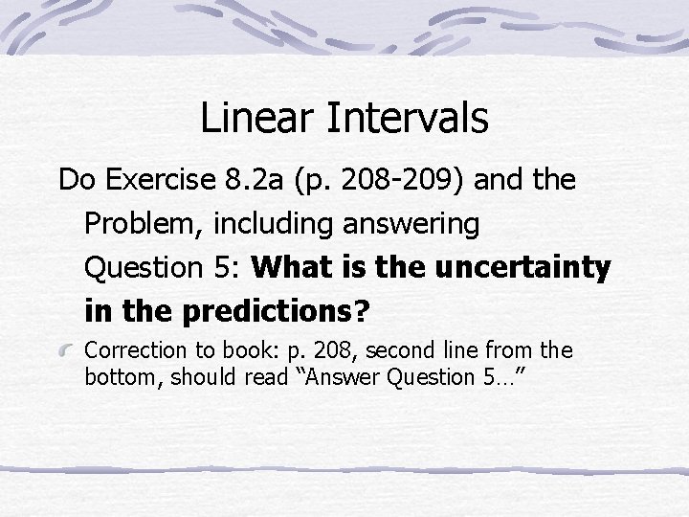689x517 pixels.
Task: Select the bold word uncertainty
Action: tap(522, 269)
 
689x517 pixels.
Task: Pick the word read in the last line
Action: tap(263, 378)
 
